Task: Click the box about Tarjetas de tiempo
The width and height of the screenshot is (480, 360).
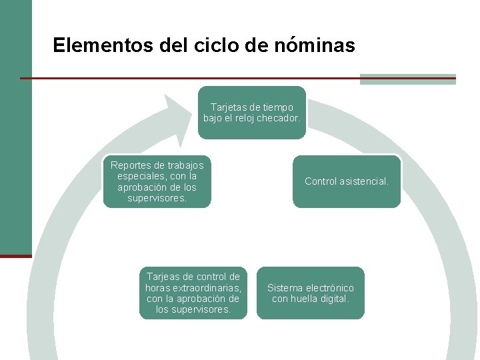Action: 252,112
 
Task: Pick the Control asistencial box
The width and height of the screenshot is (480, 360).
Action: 347,181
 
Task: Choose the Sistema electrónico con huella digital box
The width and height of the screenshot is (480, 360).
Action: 311,293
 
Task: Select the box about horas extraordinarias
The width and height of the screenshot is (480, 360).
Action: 193,293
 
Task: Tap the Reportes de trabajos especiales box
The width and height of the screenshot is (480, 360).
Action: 157,181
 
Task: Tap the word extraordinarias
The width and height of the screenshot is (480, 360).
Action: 207,288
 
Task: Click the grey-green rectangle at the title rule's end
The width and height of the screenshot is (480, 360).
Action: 407,79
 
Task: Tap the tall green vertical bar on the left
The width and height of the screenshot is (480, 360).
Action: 15,127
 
